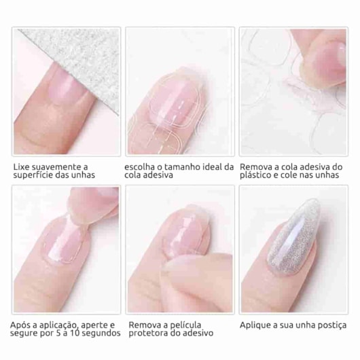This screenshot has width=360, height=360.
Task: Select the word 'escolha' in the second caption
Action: (x=140, y=166)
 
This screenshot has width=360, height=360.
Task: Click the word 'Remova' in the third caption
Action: (x=256, y=166)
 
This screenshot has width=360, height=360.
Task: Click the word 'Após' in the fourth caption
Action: (x=21, y=324)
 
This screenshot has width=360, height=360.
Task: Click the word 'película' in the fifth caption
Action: (x=187, y=324)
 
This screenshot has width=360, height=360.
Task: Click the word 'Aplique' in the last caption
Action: (x=255, y=324)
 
